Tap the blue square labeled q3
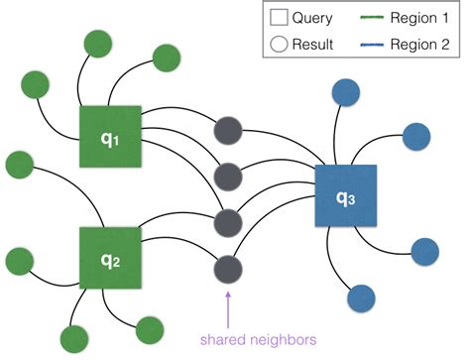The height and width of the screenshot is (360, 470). point(346,196)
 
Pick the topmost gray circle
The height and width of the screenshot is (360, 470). point(229,129)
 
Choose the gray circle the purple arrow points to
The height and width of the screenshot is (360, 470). point(228,268)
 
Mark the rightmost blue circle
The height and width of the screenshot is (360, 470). point(424,250)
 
